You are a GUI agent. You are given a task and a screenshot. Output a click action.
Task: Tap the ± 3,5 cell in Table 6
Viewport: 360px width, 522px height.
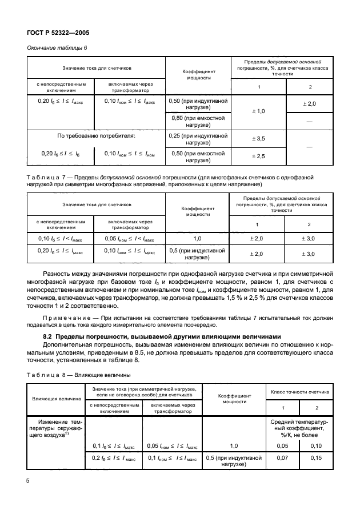pyautogui.click(x=259, y=138)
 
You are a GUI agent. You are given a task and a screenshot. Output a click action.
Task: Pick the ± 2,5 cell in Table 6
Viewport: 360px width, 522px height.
pyautogui.click(x=259, y=156)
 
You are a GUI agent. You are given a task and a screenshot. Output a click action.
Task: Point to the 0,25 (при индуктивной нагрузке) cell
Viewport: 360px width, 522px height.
pyautogui.click(x=198, y=138)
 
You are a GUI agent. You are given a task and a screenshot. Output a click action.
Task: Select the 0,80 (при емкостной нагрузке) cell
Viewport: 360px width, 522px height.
pyautogui.click(x=198, y=121)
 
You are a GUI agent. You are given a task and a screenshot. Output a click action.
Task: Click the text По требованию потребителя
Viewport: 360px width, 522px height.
pyautogui.click(x=95, y=138)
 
